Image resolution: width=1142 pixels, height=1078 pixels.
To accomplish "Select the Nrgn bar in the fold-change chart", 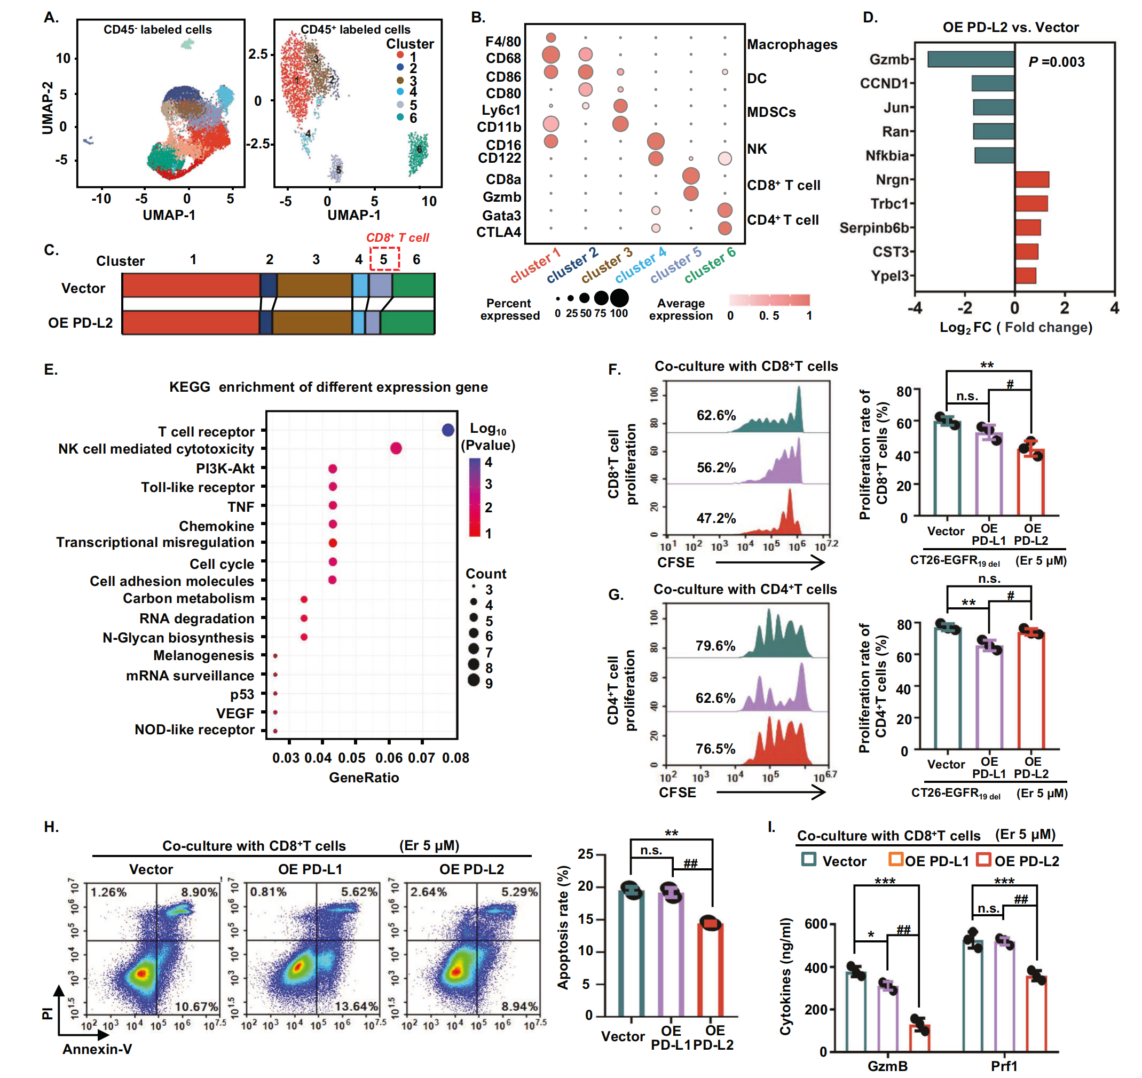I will pyautogui.click(x=1031, y=179).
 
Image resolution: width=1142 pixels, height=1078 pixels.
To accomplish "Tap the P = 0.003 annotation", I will pyautogui.click(x=1056, y=62).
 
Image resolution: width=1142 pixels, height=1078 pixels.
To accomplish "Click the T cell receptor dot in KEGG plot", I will pyautogui.click(x=448, y=430).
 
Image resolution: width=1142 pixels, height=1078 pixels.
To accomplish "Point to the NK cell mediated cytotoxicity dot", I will pyautogui.click(x=396, y=448).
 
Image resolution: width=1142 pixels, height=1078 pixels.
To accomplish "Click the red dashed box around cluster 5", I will pyautogui.click(x=384, y=259).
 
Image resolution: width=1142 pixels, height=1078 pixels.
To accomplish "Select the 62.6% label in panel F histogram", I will pyautogui.click(x=715, y=415).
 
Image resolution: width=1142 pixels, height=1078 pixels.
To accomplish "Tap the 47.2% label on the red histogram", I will pyautogui.click(x=715, y=518).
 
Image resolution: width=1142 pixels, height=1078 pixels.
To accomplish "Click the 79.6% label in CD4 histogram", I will pyautogui.click(x=715, y=646).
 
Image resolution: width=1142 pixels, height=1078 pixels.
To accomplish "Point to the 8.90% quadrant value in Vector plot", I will pyautogui.click(x=199, y=892).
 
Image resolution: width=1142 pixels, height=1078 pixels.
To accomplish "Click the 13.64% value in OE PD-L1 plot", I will pyautogui.click(x=356, y=1006).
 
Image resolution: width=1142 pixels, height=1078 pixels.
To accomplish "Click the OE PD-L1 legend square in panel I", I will pyautogui.click(x=895, y=860).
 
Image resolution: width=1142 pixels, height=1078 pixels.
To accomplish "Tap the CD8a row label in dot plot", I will pyautogui.click(x=503, y=179).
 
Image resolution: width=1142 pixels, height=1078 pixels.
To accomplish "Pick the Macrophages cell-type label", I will pyautogui.click(x=792, y=45).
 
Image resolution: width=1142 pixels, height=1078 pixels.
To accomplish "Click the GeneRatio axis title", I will pyautogui.click(x=364, y=778).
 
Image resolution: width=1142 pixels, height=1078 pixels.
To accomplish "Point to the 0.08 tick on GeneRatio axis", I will pyautogui.click(x=456, y=758).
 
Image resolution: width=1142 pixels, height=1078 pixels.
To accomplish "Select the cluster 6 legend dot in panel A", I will pyautogui.click(x=400, y=117).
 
